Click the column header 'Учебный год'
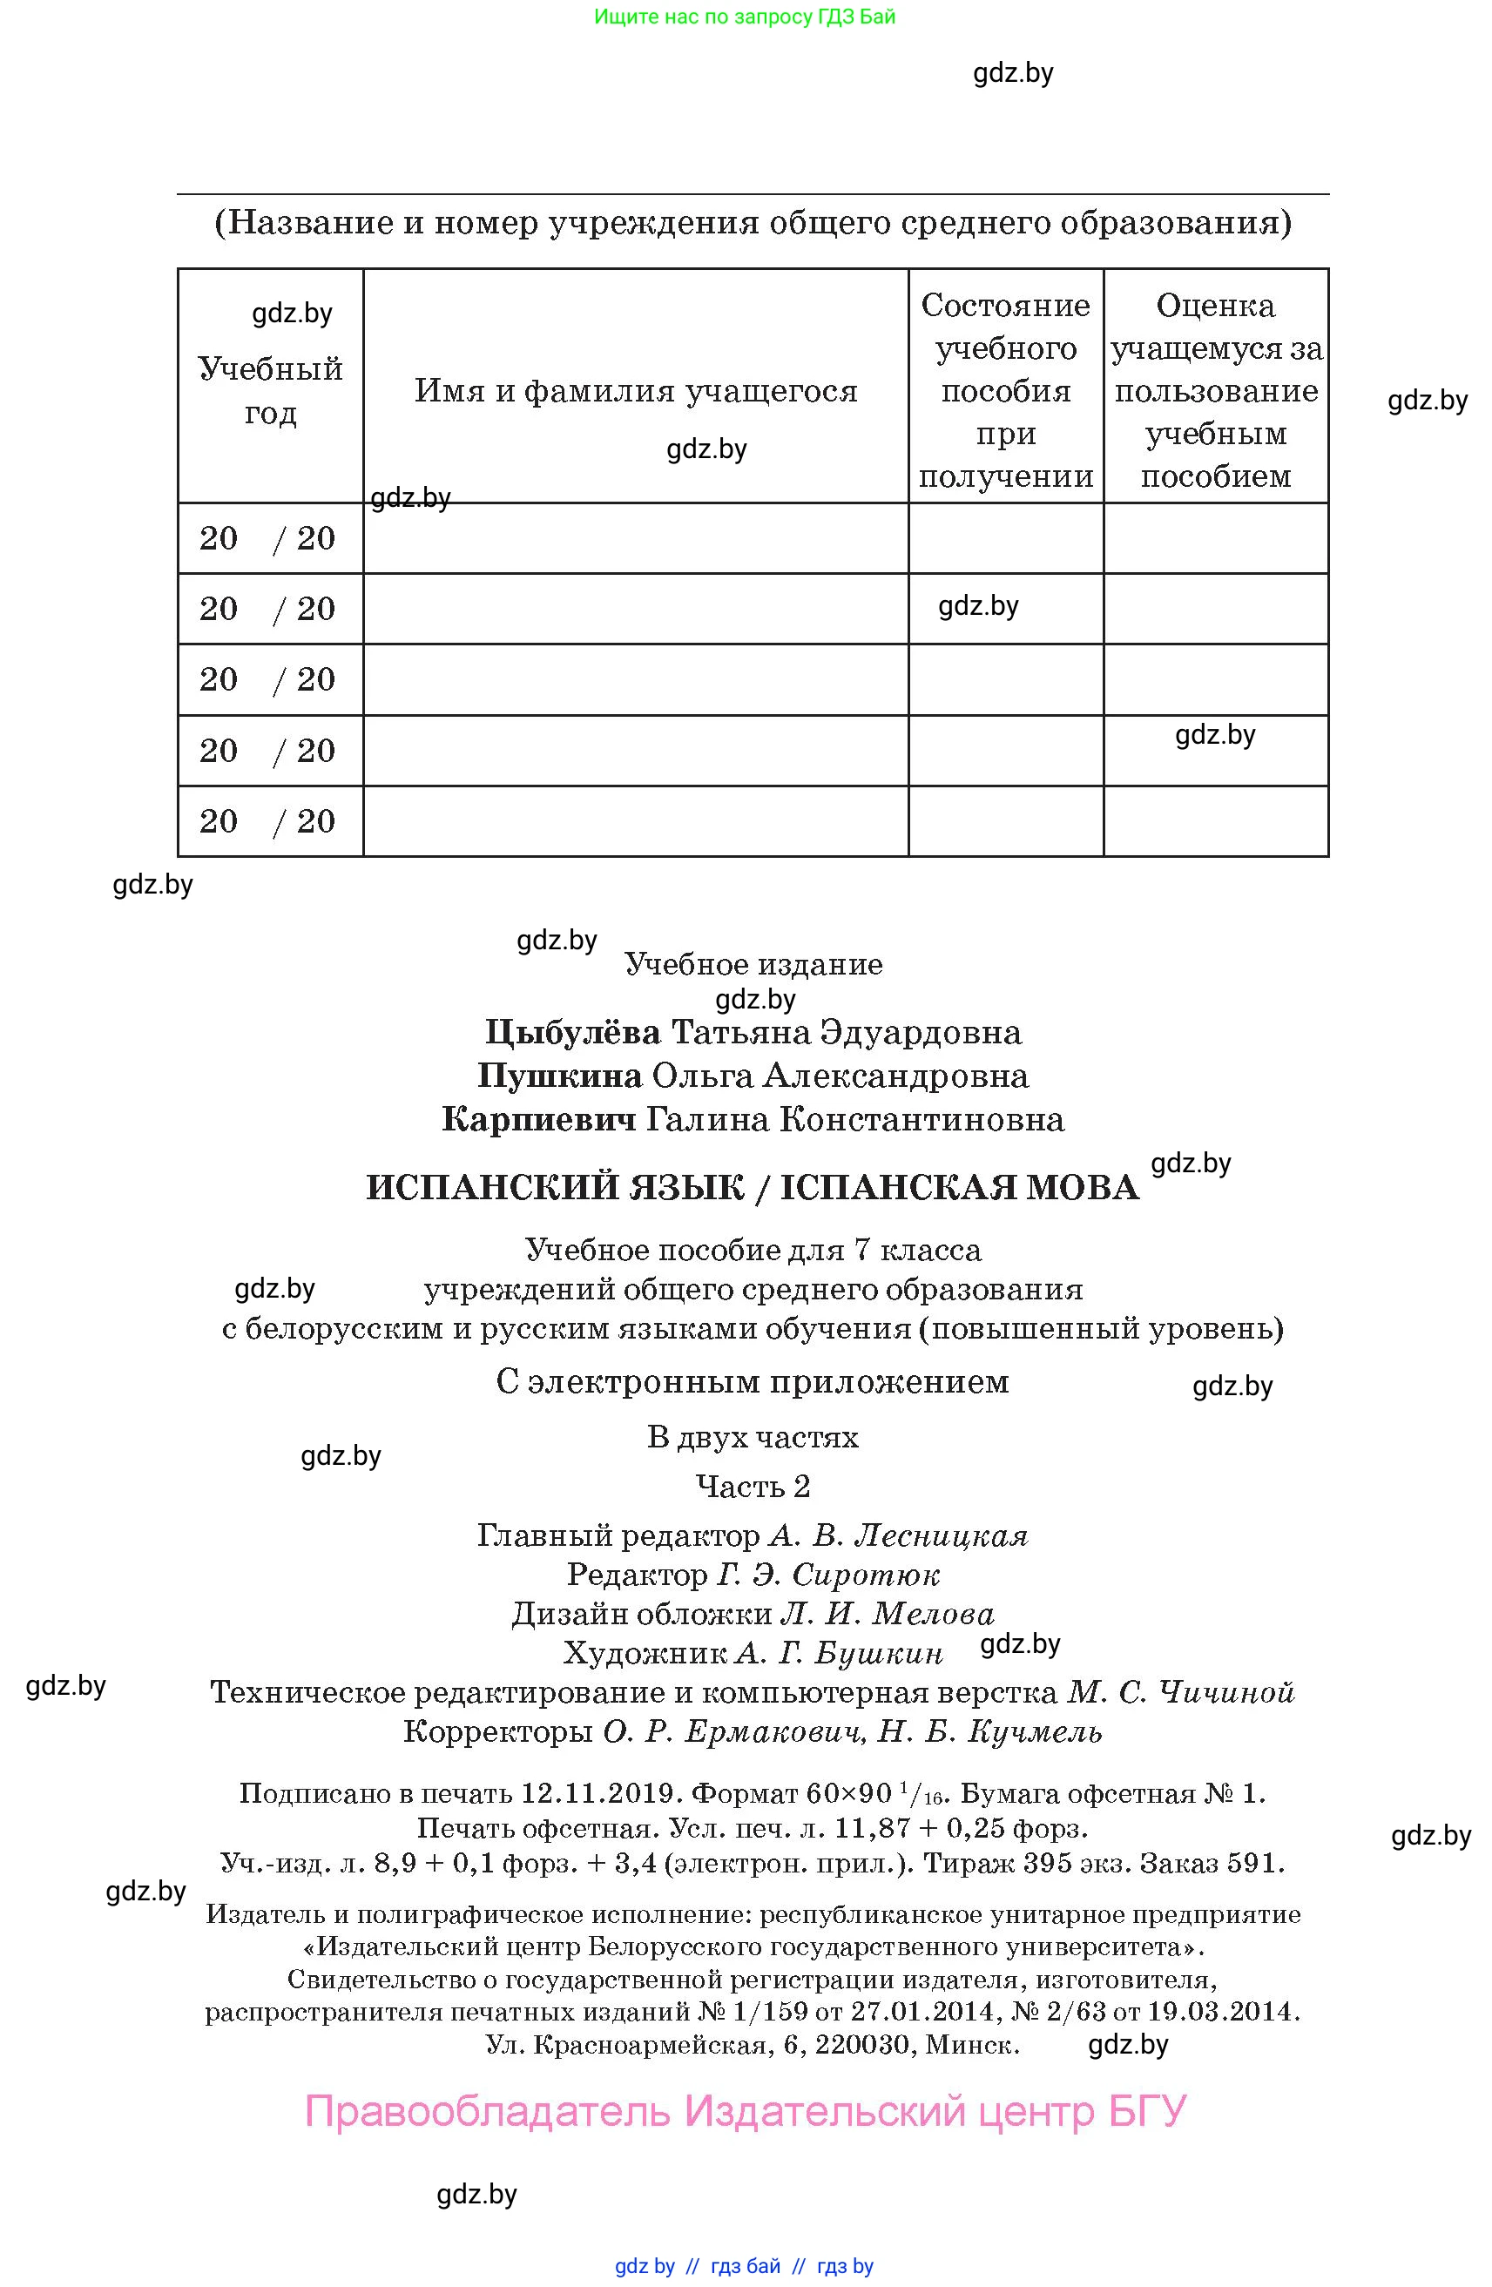[270, 390]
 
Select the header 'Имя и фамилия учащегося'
[635, 391]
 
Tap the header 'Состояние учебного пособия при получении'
[1005, 390]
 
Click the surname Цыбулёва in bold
[572, 1033]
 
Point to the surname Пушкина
[560, 1076]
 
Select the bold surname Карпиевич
[538, 1119]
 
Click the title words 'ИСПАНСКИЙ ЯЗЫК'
[556, 1189]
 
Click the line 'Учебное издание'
[753, 964]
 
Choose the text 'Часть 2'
[753, 1487]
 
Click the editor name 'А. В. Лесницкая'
[898, 1535]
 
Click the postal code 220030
[865, 2045]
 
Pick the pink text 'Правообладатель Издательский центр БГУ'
[746, 2111]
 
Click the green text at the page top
[745, 17]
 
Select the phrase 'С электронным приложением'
[753, 1382]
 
